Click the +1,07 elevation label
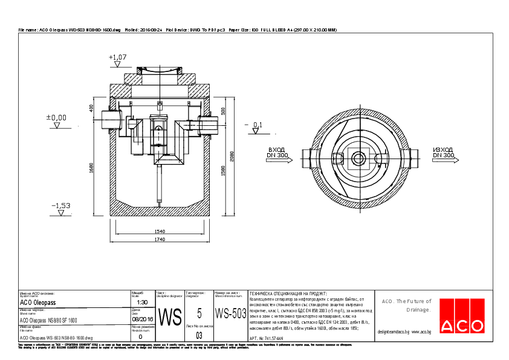tap(118, 57)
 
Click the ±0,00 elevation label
tap(57, 117)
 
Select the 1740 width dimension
tap(160, 240)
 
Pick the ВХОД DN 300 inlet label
tap(276, 152)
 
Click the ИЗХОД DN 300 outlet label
tap(443, 152)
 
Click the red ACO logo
tap(462, 316)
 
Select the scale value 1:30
tap(142, 302)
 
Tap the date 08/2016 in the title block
tap(142, 319)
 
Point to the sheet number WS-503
tap(231, 313)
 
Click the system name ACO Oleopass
tap(38, 302)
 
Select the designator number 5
tap(199, 313)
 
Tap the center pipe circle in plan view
tap(359, 159)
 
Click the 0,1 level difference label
tap(257, 125)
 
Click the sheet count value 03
tap(199, 334)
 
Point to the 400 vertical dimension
tap(91, 108)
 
